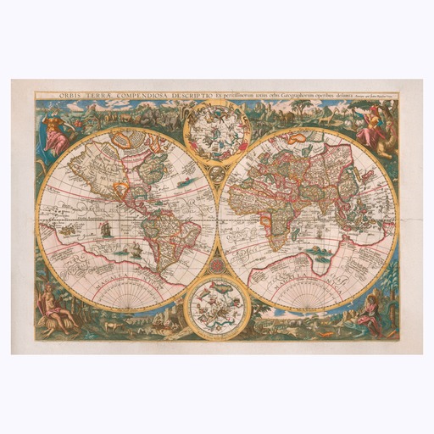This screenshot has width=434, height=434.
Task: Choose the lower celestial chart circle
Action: click(x=216, y=303)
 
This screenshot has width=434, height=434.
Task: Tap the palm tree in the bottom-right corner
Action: click(x=392, y=292)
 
